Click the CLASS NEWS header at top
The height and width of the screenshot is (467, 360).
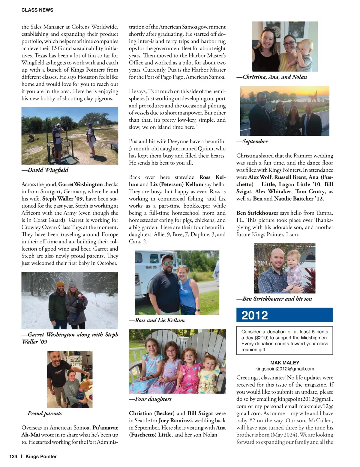tap(37, 10)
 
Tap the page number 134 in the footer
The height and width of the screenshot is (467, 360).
tap(13, 457)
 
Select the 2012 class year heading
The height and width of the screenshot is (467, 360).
tap(254, 315)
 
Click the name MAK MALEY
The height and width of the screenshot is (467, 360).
tap(285, 362)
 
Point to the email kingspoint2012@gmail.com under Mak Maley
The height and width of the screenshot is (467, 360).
tap(285, 369)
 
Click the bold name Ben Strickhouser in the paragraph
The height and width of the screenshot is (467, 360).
tap(257, 213)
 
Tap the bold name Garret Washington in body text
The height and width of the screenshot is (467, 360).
tap(80, 184)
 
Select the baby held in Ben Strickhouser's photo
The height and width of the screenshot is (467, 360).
tap(294, 267)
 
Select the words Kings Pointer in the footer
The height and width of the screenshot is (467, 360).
tap(41, 457)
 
